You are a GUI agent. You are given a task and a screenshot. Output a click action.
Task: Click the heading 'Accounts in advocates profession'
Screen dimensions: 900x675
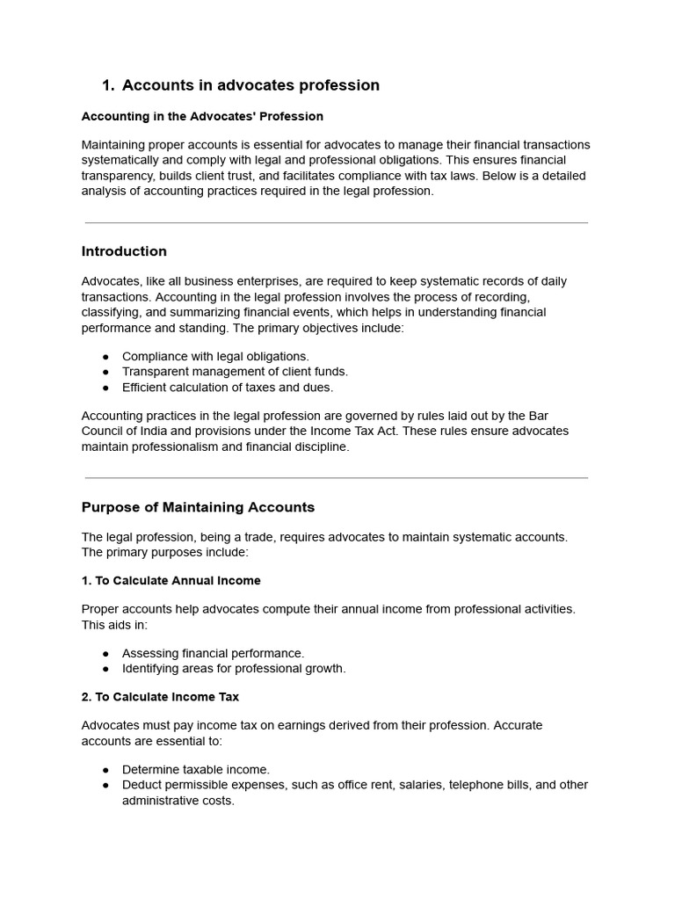coord(250,85)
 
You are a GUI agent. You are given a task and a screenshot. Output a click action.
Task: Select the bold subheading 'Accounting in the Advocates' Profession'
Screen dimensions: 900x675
coord(202,116)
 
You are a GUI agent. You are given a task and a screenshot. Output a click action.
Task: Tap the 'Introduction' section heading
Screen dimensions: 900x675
coord(124,251)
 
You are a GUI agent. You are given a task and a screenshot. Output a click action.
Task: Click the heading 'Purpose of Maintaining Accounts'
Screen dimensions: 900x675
coord(198,507)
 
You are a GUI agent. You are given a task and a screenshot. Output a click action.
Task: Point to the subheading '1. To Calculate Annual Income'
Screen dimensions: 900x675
coord(171,580)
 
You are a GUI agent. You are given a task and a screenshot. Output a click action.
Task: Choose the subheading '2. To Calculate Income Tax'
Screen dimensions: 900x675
coord(160,696)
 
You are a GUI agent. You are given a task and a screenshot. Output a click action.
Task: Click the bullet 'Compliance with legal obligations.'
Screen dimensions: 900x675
coord(215,356)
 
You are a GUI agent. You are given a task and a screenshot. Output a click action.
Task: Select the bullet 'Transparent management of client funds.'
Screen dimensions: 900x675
coord(235,372)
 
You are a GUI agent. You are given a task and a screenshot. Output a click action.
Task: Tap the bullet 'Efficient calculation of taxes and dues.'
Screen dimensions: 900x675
coord(228,387)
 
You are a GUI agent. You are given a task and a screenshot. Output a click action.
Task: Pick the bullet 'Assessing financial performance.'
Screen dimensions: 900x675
coord(213,653)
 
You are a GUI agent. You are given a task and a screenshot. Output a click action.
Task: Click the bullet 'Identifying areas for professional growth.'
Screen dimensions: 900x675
coord(234,668)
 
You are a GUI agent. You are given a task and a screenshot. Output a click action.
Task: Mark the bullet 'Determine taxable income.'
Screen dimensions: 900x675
coord(196,769)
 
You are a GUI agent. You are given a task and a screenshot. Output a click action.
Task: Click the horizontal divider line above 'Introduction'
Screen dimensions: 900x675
coord(337,223)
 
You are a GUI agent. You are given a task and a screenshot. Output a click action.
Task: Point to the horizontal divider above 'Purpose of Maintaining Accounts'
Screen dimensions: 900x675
coord(337,478)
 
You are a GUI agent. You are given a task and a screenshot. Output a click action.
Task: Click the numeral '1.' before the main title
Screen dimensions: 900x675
coord(108,85)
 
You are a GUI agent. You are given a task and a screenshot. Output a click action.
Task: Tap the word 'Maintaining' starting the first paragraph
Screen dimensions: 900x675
coord(114,144)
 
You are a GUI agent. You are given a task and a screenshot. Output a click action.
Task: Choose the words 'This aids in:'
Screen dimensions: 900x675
coord(115,624)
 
